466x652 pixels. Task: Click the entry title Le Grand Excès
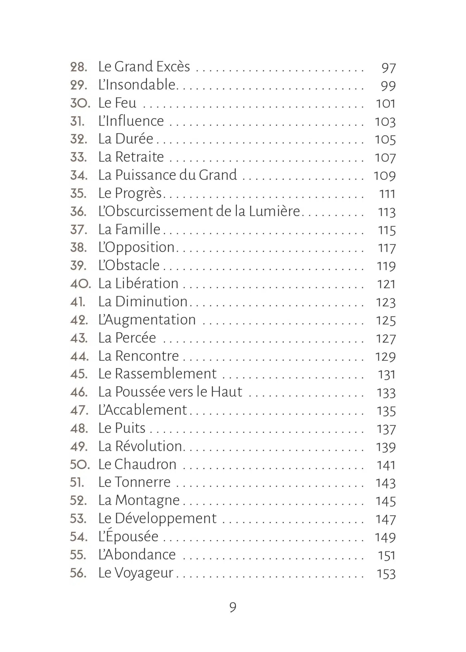click(144, 67)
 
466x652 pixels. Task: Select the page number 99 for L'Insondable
click(388, 86)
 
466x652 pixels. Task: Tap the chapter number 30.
click(80, 103)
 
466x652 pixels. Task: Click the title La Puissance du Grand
click(167, 175)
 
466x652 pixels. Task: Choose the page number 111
click(387, 194)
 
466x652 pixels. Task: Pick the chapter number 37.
click(79, 230)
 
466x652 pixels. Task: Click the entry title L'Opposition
click(136, 248)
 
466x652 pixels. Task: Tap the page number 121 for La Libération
click(386, 284)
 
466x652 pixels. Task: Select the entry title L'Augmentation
click(147, 320)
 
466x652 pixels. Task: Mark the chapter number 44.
click(79, 356)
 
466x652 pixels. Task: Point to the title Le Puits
click(122, 428)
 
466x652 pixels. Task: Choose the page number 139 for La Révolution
click(386, 447)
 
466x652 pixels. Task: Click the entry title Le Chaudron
click(137, 464)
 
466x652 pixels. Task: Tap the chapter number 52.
click(79, 501)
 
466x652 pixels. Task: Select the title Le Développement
click(157, 519)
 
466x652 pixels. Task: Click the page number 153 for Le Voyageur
click(386, 574)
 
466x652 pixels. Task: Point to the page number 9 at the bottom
click(233, 607)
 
